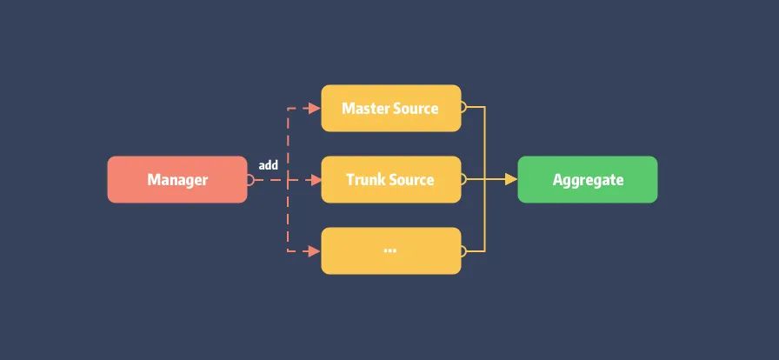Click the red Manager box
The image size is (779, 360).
[177, 179]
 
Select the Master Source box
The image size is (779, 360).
[390, 108]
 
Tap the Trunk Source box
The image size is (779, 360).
[390, 179]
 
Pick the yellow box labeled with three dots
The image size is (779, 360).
[390, 250]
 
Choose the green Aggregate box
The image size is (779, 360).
[588, 179]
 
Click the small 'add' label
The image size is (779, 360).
[268, 165]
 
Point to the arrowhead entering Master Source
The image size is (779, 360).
[315, 109]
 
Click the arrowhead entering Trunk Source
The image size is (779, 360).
[315, 180]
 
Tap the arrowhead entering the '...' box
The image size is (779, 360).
[315, 251]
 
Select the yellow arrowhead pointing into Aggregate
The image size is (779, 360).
[511, 180]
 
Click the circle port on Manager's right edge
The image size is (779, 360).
[250, 180]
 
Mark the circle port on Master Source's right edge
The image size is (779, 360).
[464, 108]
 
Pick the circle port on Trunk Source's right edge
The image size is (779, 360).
[464, 180]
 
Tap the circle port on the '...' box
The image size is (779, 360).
[464, 251]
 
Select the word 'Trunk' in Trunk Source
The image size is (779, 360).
[365, 180]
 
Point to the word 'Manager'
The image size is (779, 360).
[177, 180]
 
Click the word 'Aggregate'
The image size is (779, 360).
[588, 180]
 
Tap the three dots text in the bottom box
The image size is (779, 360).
[389, 250]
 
